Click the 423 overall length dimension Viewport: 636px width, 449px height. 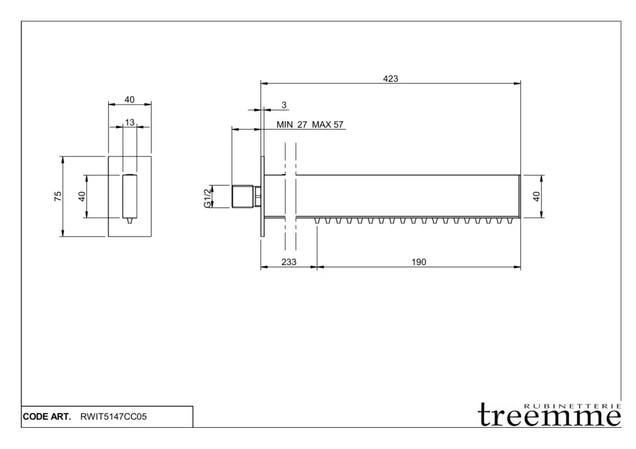[x=390, y=78]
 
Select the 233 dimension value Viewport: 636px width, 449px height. [x=289, y=262]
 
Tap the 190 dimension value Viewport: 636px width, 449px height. [x=419, y=262]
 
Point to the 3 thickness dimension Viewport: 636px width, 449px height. [x=284, y=105]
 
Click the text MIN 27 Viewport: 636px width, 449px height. [x=292, y=125]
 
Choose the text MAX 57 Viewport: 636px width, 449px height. [x=327, y=125]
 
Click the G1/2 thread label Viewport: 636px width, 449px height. [x=207, y=198]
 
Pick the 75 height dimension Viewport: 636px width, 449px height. [x=58, y=196]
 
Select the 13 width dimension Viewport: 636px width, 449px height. [x=129, y=122]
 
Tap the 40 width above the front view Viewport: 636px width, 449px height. [x=129, y=99]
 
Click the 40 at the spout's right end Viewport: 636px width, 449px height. [x=536, y=196]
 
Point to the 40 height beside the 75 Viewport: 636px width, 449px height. [x=82, y=196]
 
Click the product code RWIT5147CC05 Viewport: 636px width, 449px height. [x=114, y=417]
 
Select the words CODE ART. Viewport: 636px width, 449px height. [x=47, y=417]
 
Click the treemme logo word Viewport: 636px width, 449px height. [x=549, y=415]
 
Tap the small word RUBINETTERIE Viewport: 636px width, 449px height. [x=572, y=406]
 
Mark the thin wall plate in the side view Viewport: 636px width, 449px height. [x=263, y=196]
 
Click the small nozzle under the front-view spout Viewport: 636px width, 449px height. [x=130, y=220]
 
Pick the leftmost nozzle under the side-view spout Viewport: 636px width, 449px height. [x=317, y=220]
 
